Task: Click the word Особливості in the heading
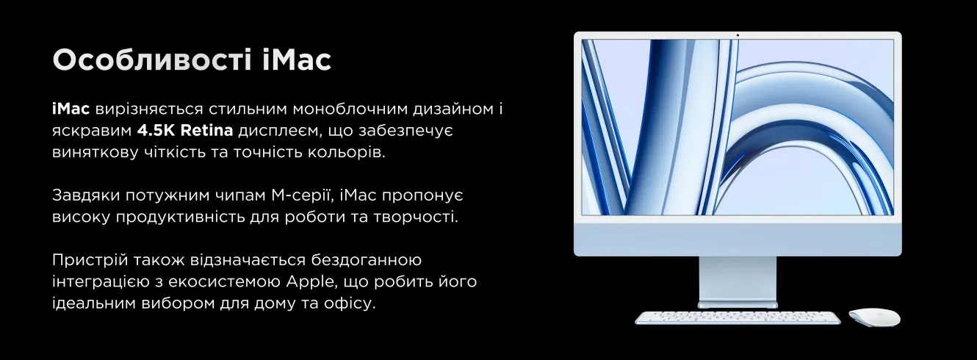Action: coord(152,60)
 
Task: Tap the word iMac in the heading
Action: coord(297,60)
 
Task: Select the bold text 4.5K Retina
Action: coord(185,131)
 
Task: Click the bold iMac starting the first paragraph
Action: coord(71,109)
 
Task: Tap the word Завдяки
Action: coord(85,195)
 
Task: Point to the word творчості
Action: coord(416,217)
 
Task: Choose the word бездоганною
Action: coord(367,260)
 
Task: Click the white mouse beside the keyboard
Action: coord(874,317)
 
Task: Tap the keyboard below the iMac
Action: coord(738,317)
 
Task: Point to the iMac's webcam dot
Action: coord(738,35)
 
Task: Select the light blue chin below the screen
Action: coord(738,238)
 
